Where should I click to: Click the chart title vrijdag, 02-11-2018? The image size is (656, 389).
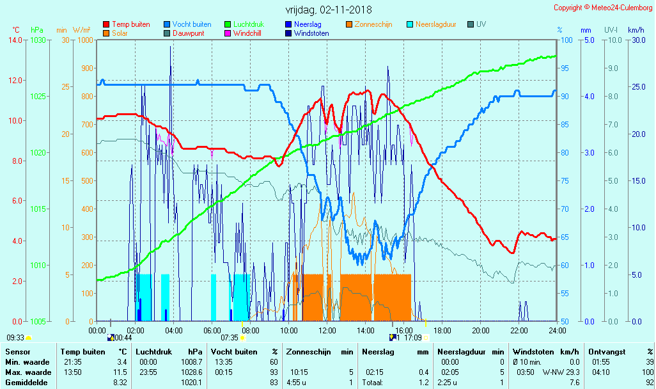point(328,10)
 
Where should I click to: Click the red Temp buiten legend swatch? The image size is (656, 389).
point(106,24)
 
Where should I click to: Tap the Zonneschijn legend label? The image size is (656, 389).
point(373,24)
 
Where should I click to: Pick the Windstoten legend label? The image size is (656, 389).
point(311,33)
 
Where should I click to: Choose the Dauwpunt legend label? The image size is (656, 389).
point(188,33)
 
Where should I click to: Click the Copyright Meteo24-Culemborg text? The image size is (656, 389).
point(603,8)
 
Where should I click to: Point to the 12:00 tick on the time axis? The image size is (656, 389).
point(327,330)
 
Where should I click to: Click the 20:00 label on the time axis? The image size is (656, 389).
point(481,330)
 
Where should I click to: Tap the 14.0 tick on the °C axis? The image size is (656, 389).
point(15,40)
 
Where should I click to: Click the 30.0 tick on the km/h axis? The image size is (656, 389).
point(636,40)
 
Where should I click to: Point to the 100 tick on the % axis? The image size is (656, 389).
point(566,40)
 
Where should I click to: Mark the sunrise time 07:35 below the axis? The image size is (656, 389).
point(230,337)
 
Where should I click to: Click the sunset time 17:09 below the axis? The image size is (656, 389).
point(413,337)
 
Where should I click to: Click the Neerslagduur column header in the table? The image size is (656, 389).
point(462,351)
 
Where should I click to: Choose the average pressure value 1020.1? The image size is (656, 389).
point(191,383)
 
